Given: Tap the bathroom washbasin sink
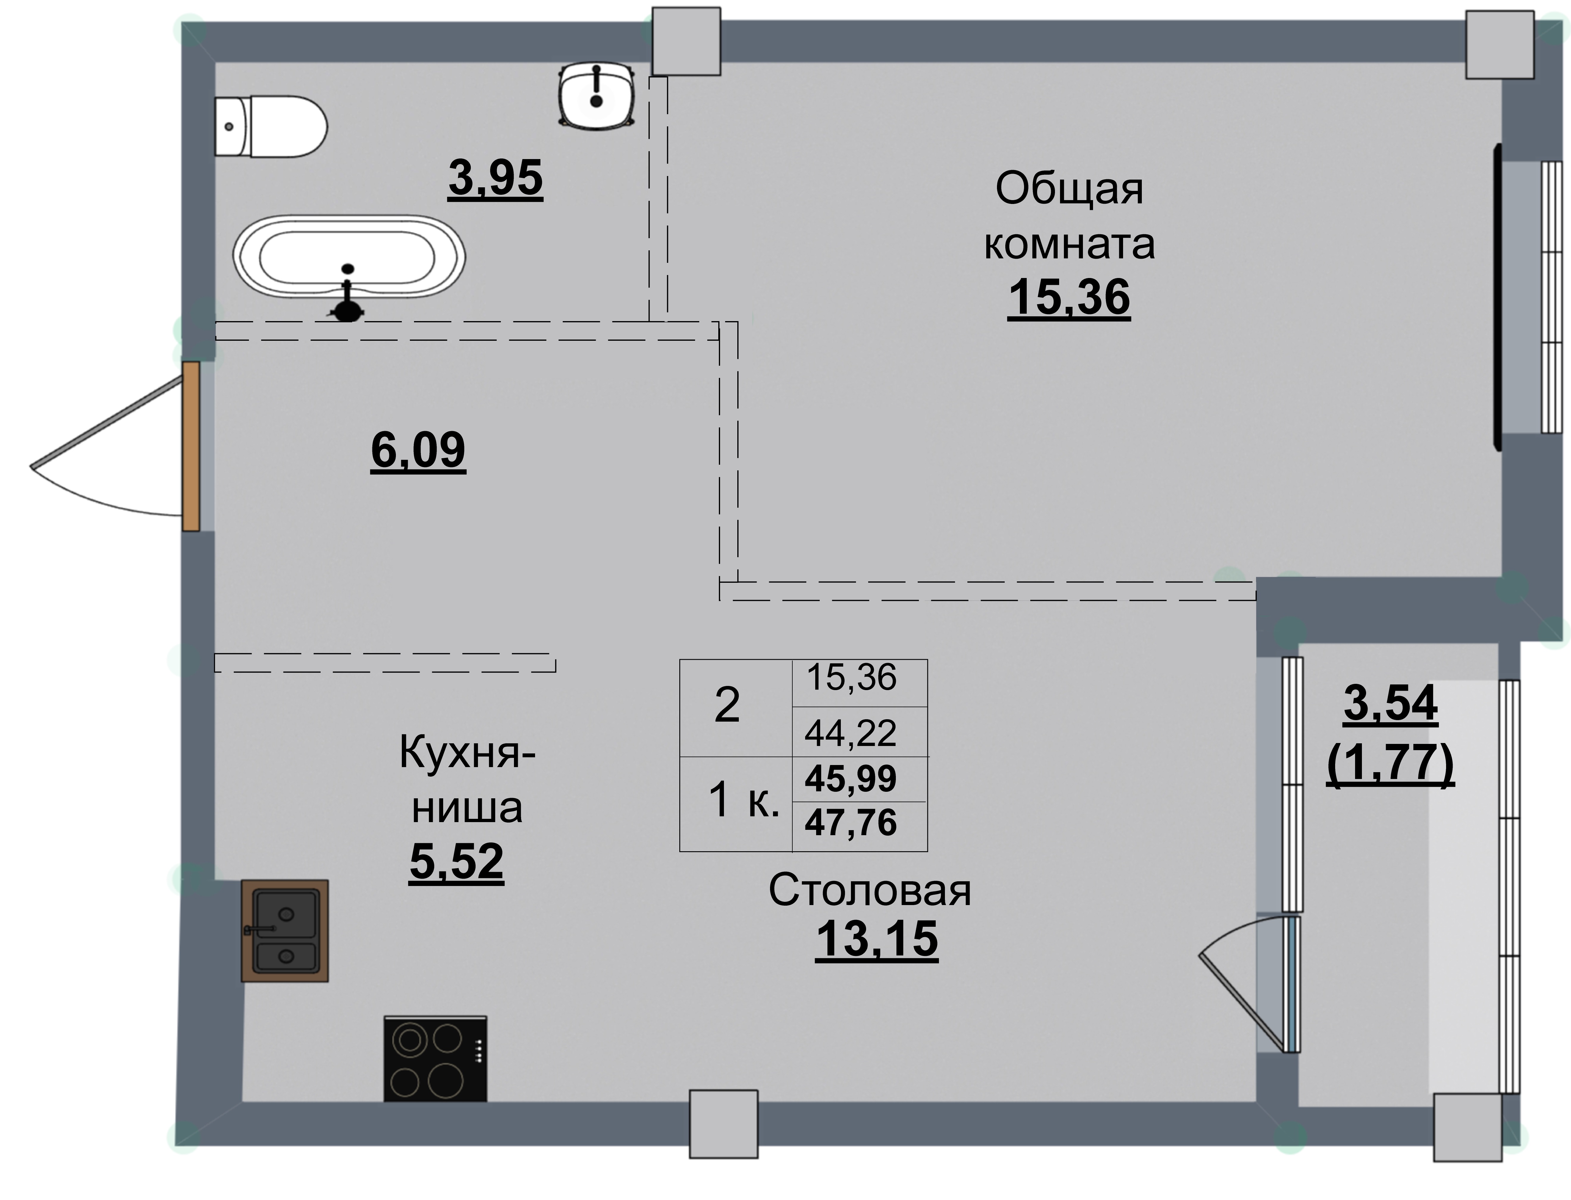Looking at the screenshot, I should point(597,96).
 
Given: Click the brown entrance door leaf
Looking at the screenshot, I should point(191,446).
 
